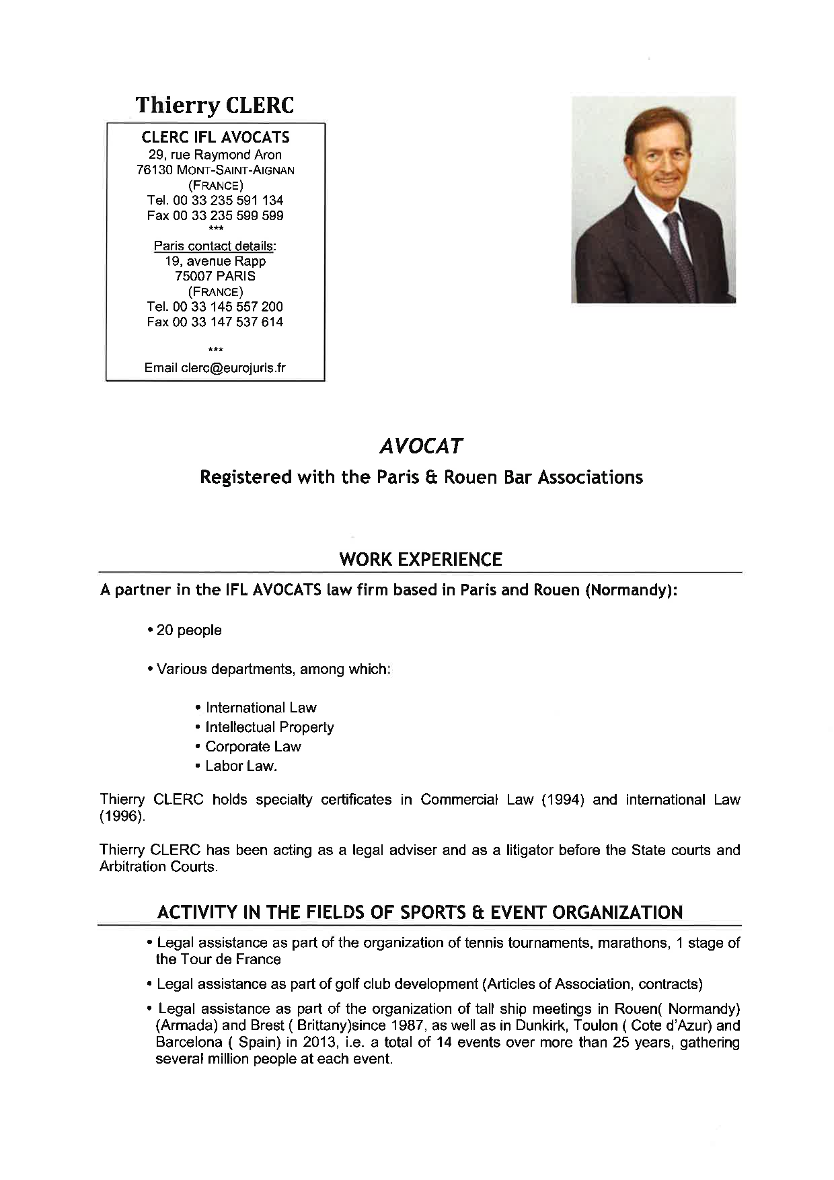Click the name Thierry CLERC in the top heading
[215, 106]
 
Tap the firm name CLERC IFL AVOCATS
[215, 137]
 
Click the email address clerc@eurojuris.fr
[233, 367]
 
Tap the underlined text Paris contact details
[215, 246]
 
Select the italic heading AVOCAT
[421, 446]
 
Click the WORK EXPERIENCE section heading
[421, 560]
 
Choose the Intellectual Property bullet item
[270, 727]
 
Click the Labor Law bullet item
[241, 766]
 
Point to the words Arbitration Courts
[158, 867]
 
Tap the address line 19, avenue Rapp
[215, 261]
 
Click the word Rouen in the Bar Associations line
[476, 478]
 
